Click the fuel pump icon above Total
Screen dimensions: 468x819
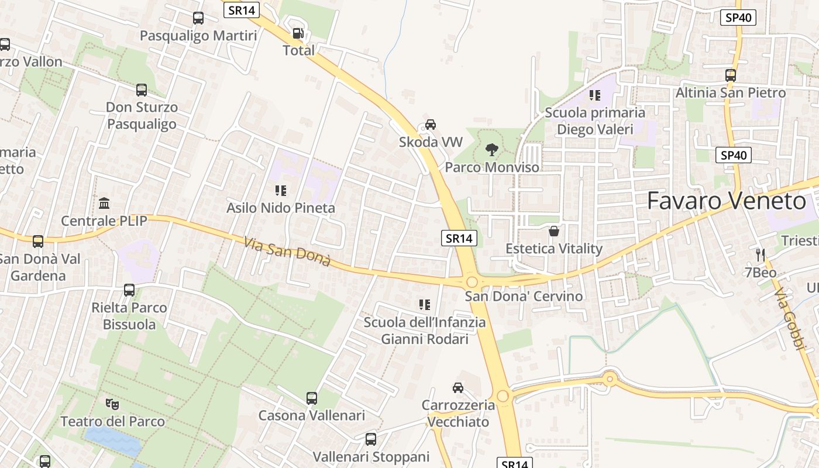(x=298, y=33)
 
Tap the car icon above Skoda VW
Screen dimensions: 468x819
(x=431, y=125)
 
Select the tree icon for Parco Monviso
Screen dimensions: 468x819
(x=492, y=150)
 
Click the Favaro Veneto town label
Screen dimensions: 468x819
(x=727, y=201)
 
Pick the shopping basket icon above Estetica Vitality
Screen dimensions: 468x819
(x=554, y=231)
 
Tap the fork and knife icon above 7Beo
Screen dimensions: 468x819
(x=760, y=254)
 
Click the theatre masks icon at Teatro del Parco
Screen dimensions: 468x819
(x=112, y=404)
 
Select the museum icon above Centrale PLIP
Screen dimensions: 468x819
(x=105, y=204)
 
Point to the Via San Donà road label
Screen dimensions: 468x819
(x=287, y=252)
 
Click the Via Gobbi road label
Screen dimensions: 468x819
(x=789, y=319)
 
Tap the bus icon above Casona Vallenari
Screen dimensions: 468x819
(x=312, y=398)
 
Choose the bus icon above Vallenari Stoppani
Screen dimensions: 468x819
(x=371, y=439)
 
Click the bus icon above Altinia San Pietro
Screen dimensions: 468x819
(x=731, y=75)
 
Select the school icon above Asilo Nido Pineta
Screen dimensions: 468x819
(x=281, y=190)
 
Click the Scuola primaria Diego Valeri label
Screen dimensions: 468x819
(x=595, y=121)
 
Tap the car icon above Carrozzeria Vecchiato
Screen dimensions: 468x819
(x=458, y=387)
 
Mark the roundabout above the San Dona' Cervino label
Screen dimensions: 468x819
(x=472, y=282)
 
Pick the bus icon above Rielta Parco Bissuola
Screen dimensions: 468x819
(x=129, y=290)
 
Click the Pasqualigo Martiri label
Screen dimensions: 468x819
(x=198, y=36)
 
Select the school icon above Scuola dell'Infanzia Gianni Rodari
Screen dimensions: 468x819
(x=425, y=305)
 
